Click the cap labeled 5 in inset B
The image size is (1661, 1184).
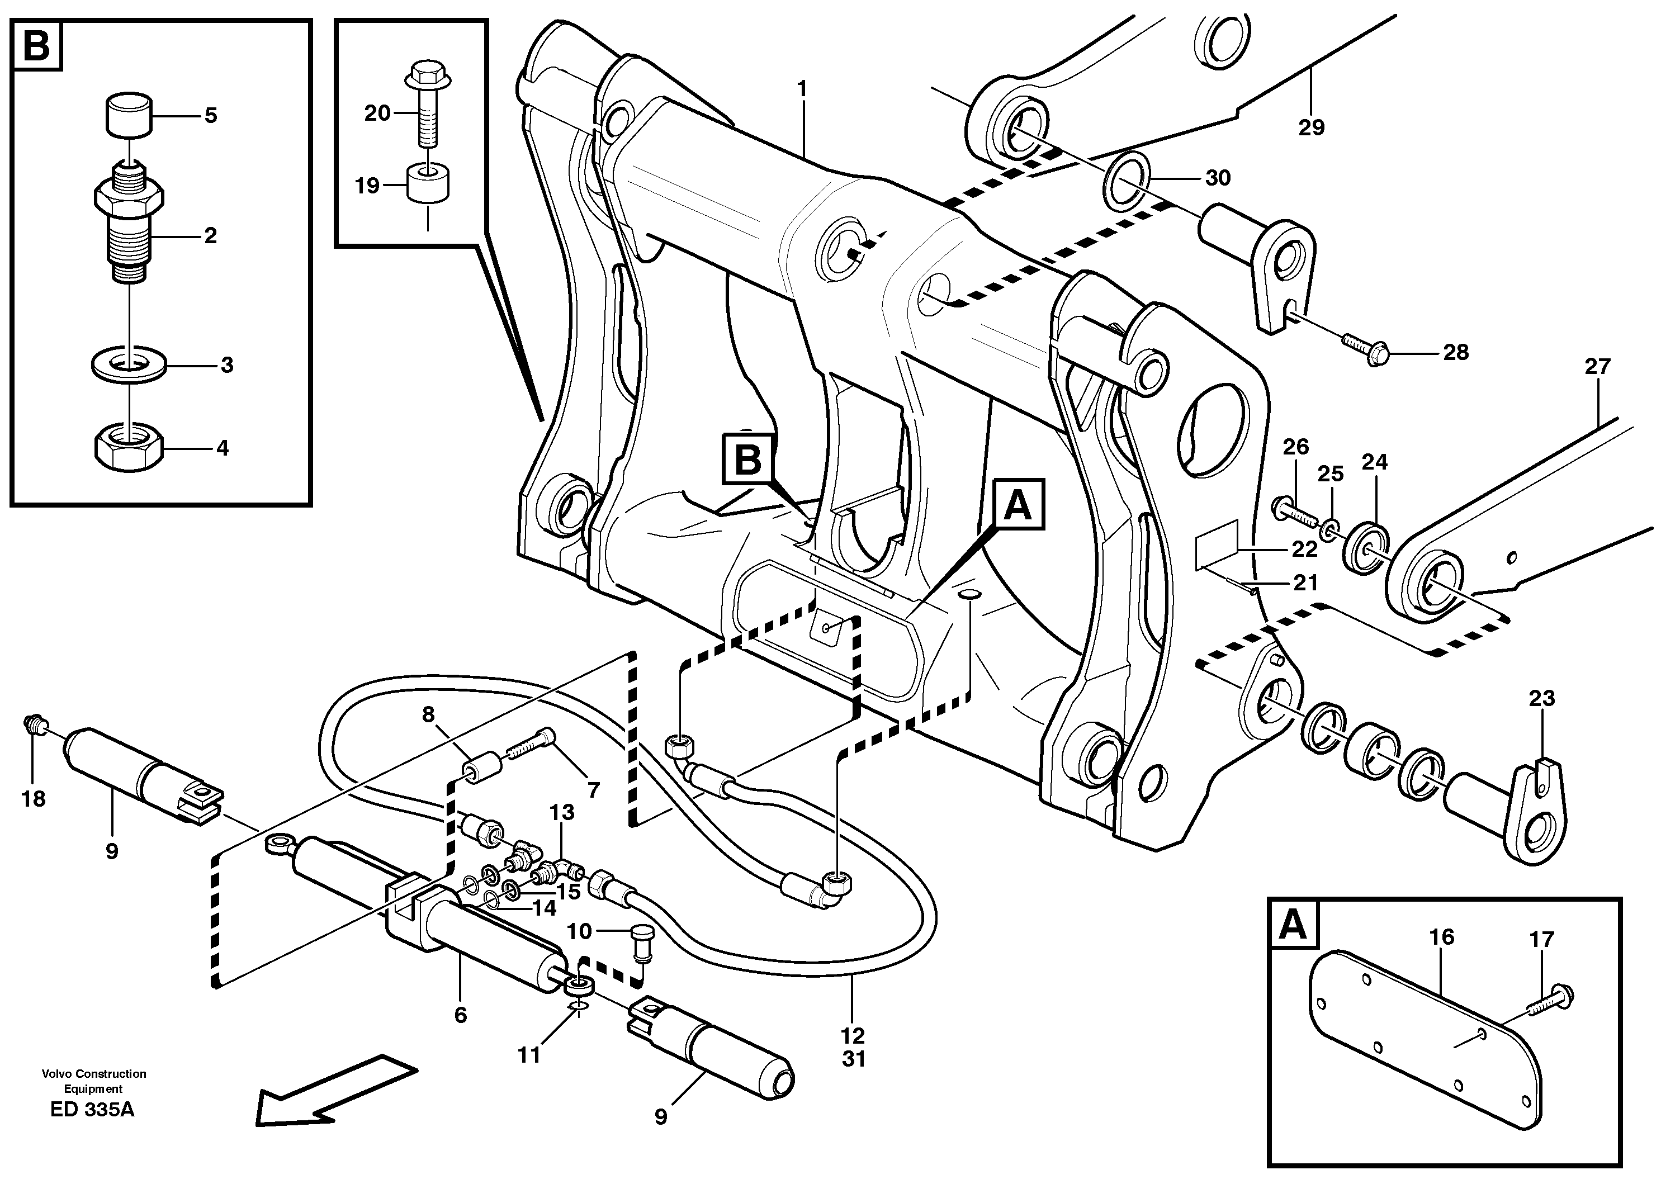click(x=129, y=113)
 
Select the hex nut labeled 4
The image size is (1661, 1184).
click(x=129, y=448)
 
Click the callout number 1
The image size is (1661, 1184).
click(x=802, y=89)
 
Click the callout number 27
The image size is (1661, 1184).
click(x=1597, y=366)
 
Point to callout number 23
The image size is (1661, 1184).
click(x=1541, y=698)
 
